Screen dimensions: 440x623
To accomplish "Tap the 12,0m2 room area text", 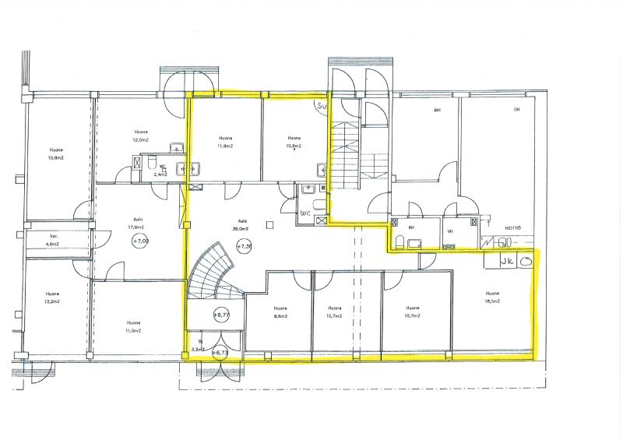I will point(140,141).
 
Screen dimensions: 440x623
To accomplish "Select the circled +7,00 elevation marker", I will point(140,241).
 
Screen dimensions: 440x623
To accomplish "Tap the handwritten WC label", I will point(305,212).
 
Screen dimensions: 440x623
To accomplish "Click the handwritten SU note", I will point(321,104).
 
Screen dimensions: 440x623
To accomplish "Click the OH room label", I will point(516,111).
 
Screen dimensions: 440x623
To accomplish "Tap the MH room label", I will point(437,111).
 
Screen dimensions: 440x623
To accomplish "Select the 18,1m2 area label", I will point(492,300).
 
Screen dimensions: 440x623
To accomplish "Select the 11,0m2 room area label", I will point(134,332).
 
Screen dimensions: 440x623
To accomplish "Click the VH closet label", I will point(450,231).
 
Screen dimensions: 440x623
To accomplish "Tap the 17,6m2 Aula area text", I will point(138,227).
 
